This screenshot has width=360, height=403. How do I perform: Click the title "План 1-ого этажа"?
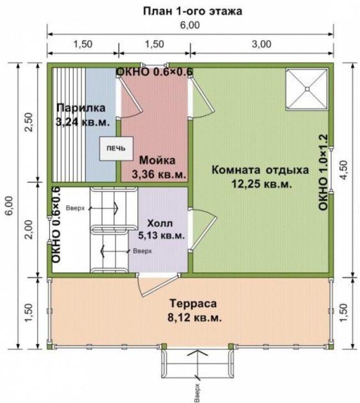click(x=192, y=11)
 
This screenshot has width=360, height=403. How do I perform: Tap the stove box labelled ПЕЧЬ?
click(x=116, y=149)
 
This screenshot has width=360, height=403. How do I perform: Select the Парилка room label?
click(x=81, y=108)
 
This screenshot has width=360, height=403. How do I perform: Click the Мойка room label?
click(x=157, y=160)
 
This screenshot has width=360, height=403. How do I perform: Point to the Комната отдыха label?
click(x=260, y=170)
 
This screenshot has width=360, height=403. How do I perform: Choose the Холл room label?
click(x=160, y=223)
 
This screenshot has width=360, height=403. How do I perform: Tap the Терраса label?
click(x=193, y=304)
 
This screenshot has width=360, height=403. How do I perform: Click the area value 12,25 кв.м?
click(x=262, y=184)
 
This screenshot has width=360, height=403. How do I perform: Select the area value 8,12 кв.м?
click(x=194, y=318)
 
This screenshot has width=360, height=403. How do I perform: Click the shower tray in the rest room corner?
click(x=307, y=89)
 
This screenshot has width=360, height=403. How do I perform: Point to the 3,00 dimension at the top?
click(x=261, y=44)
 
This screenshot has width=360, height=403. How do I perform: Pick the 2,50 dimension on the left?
click(x=29, y=123)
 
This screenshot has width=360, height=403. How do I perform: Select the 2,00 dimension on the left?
click(x=29, y=229)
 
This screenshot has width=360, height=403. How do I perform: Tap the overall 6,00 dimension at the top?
click(x=190, y=25)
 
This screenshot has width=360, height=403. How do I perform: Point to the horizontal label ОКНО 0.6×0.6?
click(x=155, y=72)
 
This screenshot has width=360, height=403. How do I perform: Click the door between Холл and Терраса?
click(x=158, y=285)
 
